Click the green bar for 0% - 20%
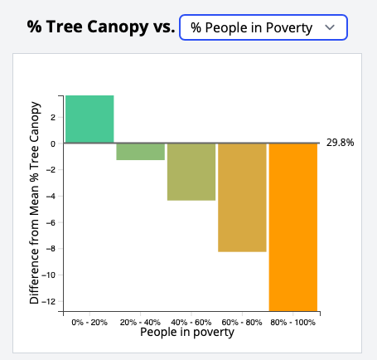click(89, 119)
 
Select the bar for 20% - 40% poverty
click(140, 151)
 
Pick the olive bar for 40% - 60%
click(191, 172)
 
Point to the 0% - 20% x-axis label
click(89, 321)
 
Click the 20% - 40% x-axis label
click(140, 321)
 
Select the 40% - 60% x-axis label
click(191, 321)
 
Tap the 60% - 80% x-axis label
click(242, 321)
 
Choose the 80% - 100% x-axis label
click(292, 321)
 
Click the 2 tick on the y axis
click(53, 117)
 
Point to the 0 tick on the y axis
click(53, 144)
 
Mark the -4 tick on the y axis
click(51, 196)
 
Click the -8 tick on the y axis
click(51, 249)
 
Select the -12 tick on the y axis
click(50, 301)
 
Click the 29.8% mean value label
click(340, 143)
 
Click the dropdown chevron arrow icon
click(331, 27)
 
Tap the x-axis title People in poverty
click(186, 333)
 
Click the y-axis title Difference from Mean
click(35, 202)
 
